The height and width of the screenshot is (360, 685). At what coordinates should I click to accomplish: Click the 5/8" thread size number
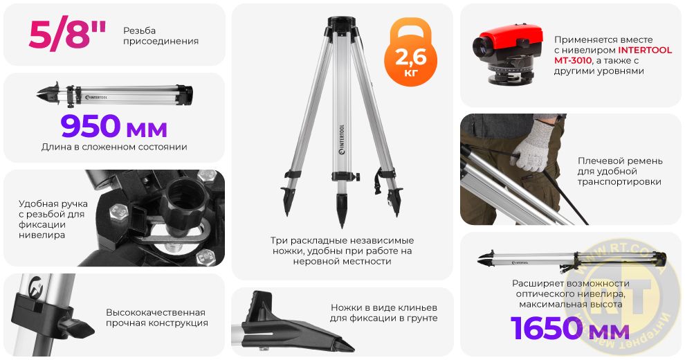(67, 35)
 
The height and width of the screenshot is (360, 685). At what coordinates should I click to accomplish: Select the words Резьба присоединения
(161, 35)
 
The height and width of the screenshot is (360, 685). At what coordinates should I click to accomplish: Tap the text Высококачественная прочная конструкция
(156, 318)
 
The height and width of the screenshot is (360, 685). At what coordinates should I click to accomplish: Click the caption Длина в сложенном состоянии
(114, 147)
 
